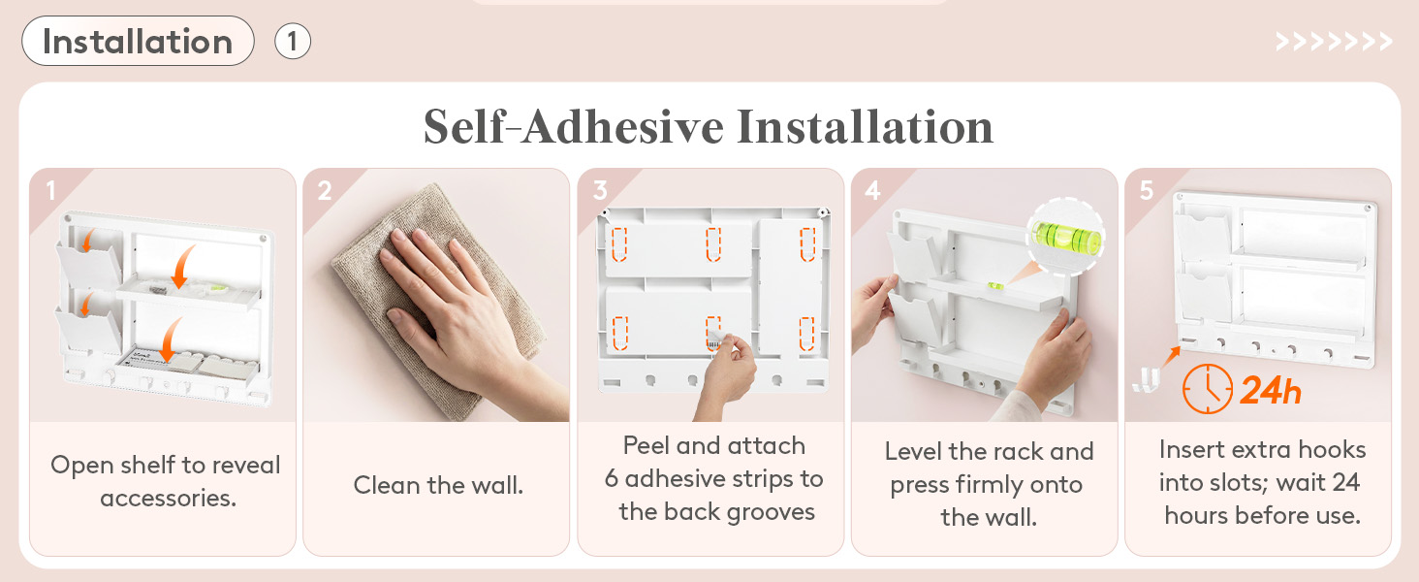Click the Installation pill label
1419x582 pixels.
pyautogui.click(x=138, y=41)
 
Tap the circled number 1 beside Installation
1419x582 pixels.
pyautogui.click(x=292, y=41)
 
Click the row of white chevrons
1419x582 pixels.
pyautogui.click(x=1334, y=42)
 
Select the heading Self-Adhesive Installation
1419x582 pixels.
pyautogui.click(x=709, y=127)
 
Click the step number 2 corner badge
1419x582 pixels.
pyautogui.click(x=325, y=190)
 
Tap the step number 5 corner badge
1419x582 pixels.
pyautogui.click(x=1146, y=190)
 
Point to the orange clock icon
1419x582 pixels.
pyautogui.click(x=1208, y=389)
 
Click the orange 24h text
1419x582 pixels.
pyautogui.click(x=1270, y=390)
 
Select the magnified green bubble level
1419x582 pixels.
pyautogui.click(x=1066, y=237)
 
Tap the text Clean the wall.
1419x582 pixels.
pyautogui.click(x=438, y=485)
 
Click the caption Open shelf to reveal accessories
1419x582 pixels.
pyautogui.click(x=166, y=481)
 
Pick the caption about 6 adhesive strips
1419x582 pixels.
pyautogui.click(x=714, y=478)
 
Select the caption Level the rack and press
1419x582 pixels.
pyautogui.click(x=989, y=484)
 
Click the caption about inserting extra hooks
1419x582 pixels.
pyautogui.click(x=1263, y=482)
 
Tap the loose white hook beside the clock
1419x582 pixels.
pyautogui.click(x=1146, y=379)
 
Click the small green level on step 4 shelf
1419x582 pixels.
pyautogui.click(x=995, y=286)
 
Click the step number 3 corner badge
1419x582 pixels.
pyautogui.click(x=600, y=190)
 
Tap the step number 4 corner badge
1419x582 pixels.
pyautogui.click(x=872, y=190)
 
